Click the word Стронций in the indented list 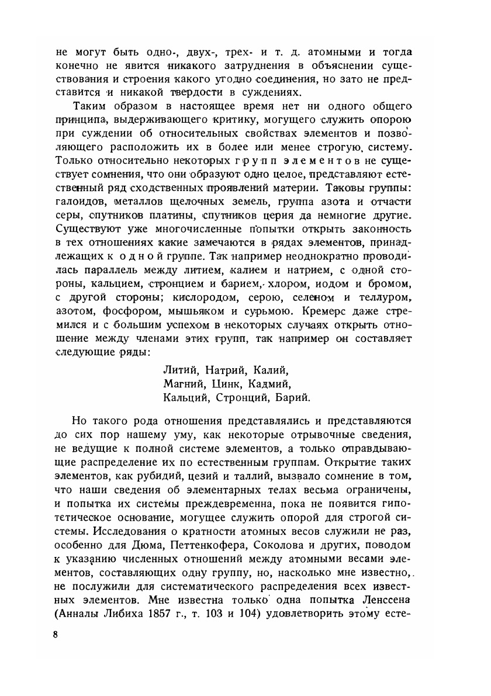[240, 398]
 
